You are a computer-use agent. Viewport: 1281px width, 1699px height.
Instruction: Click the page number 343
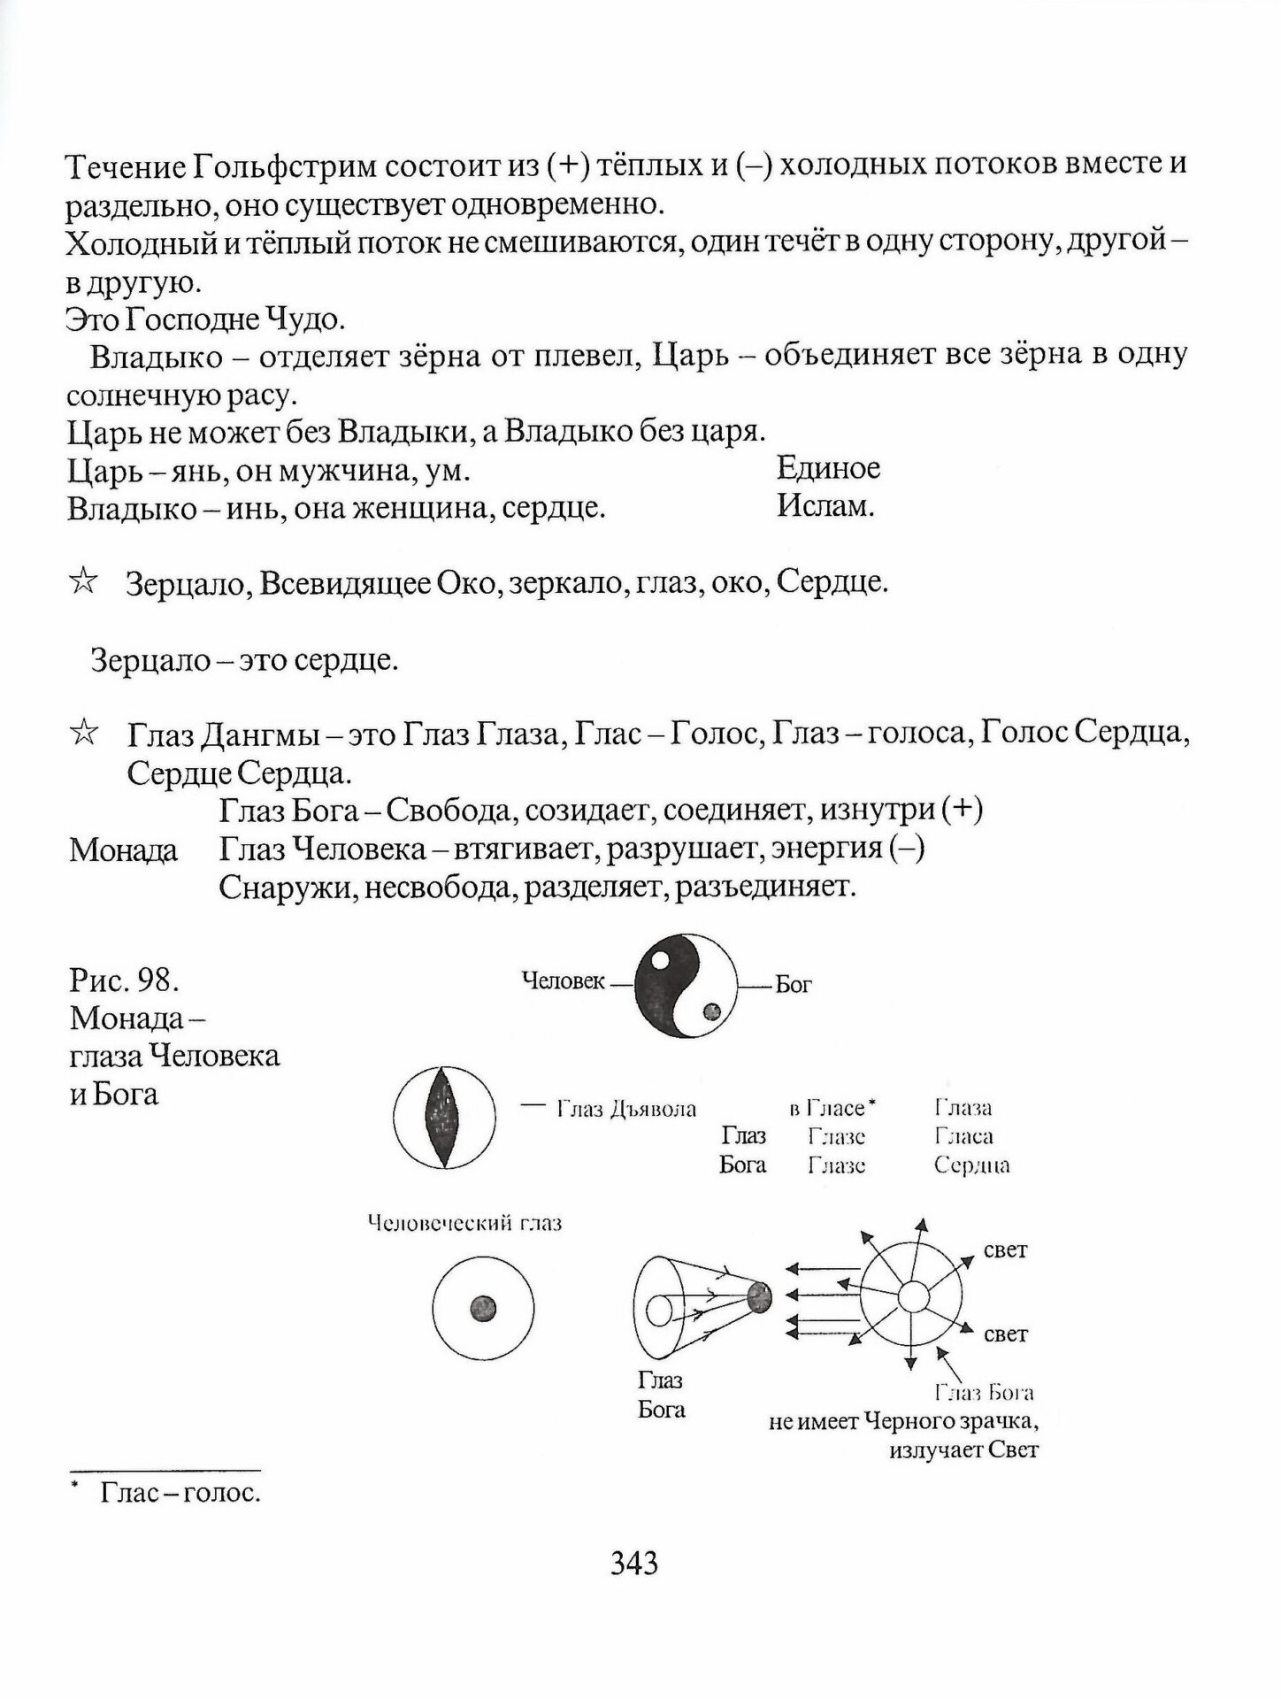634,1564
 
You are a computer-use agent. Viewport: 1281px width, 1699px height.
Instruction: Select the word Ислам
825,507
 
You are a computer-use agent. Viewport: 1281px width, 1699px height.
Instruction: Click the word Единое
828,467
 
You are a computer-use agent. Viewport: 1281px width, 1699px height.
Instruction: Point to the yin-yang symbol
685,987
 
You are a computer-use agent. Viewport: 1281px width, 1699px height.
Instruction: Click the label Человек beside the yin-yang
564,980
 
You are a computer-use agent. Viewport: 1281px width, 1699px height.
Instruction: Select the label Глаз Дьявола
626,1109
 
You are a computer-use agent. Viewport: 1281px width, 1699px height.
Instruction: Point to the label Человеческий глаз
464,1224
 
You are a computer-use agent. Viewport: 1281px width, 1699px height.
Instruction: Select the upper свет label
1005,1250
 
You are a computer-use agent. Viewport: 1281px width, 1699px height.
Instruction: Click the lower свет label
1005,1334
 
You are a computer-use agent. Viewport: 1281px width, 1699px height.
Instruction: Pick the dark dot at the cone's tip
759,1297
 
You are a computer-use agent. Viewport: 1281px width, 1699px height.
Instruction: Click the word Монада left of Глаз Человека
123,850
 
